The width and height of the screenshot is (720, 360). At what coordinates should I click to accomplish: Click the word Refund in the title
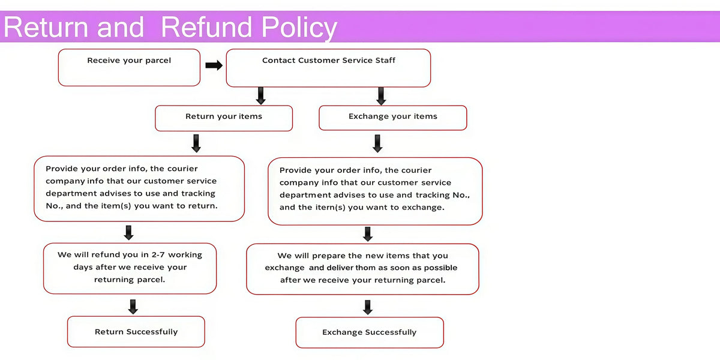click(x=206, y=27)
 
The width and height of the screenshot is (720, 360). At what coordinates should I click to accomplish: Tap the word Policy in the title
click(x=299, y=28)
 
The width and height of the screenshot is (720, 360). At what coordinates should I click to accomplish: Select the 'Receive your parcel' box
click(x=129, y=67)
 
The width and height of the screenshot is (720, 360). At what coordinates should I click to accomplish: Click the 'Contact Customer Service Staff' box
click(x=328, y=68)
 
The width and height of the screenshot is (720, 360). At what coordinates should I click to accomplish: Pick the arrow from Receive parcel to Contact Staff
click(x=214, y=65)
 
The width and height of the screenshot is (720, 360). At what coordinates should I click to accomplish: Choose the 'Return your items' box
click(x=224, y=118)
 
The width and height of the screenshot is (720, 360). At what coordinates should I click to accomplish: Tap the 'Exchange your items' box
click(x=393, y=118)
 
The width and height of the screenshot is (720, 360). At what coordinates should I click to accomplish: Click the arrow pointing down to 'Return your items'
click(x=260, y=96)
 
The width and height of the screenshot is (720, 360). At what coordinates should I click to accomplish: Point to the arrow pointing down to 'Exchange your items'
click(x=381, y=96)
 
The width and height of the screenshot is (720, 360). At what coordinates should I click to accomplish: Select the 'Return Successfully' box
click(x=136, y=332)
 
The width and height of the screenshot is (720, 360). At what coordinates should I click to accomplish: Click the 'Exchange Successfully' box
click(x=370, y=332)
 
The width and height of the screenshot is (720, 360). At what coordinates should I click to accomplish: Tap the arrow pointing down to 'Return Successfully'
click(x=133, y=307)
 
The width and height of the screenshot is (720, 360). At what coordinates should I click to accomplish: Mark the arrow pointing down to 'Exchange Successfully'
click(x=368, y=307)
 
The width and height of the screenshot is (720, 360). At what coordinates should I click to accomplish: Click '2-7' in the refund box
click(x=158, y=255)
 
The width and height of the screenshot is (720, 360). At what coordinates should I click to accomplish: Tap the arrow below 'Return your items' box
click(x=196, y=143)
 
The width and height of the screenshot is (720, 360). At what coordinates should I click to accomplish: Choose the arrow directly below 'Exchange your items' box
click(x=377, y=143)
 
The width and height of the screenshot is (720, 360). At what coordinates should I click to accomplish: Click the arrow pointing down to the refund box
click(x=128, y=233)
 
